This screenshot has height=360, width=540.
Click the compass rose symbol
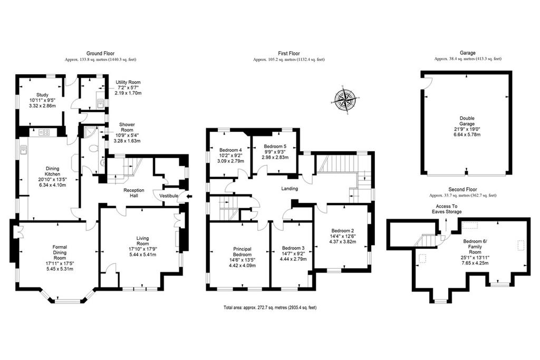coord(345,100)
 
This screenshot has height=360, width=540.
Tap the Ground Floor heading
coord(100,53)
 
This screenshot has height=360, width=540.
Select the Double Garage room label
coord(467,121)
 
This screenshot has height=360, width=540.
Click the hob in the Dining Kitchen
coord(44,132)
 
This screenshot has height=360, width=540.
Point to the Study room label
coord(42,95)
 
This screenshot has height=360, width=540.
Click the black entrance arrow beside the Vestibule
coord(189,196)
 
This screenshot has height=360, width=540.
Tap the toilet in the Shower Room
coord(93,148)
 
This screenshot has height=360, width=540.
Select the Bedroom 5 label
coord(275,147)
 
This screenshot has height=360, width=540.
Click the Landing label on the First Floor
coord(290,189)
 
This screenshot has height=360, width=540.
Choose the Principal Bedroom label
coord(242,251)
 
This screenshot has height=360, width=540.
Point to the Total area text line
coord(270,308)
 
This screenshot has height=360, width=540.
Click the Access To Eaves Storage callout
coord(447,209)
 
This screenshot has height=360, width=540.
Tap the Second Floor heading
coord(462,190)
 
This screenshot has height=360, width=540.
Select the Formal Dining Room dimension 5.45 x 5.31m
coord(60,269)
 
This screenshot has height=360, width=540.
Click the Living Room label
coord(142,241)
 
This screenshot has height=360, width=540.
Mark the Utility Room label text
coord(128,82)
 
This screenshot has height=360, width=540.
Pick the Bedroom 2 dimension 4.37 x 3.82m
coord(343,241)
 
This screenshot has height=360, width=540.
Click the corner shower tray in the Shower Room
coord(89,131)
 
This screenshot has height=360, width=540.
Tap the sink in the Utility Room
coord(101,103)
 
